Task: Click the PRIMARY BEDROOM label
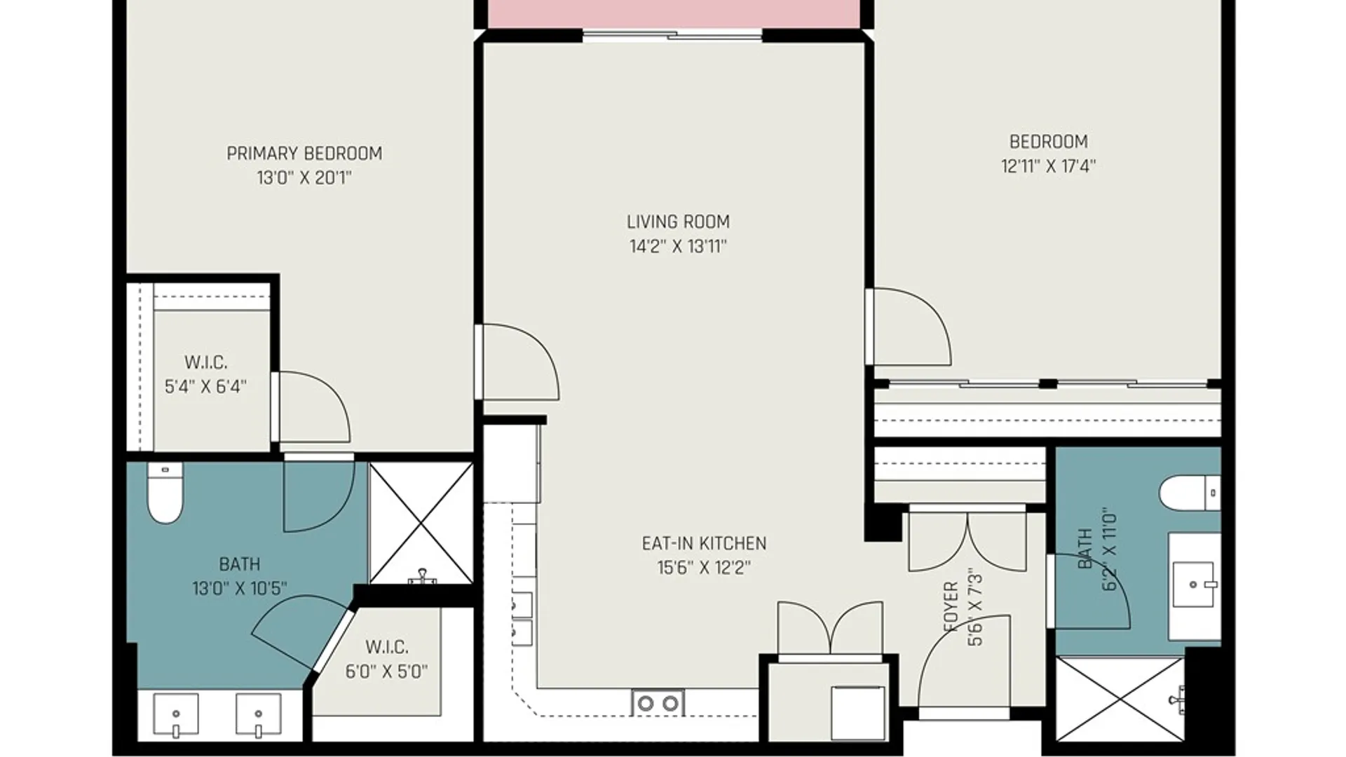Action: click(304, 154)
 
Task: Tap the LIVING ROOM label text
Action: click(678, 222)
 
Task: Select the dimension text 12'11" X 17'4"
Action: click(1048, 166)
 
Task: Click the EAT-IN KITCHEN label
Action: click(704, 543)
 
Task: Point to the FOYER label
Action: click(951, 607)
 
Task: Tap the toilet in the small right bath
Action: click(1190, 493)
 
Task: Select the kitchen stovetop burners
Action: click(658, 702)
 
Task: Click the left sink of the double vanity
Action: click(176, 715)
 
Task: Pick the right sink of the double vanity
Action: click(258, 715)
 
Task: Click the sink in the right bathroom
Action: click(1195, 584)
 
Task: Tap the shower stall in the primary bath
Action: click(421, 523)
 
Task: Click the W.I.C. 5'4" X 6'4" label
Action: click(205, 374)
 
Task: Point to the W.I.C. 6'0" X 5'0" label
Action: click(386, 659)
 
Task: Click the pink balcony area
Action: click(674, 14)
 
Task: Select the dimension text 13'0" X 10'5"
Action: click(239, 588)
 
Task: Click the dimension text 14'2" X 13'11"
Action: click(678, 246)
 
